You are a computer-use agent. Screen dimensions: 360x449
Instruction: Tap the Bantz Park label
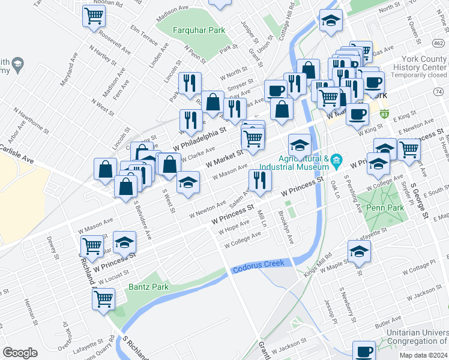click(148, 286)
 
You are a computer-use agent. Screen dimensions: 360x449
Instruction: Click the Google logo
click(20, 353)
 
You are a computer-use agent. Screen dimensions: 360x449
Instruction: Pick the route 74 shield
click(438, 91)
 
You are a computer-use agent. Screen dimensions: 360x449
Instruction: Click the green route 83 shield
click(384, 113)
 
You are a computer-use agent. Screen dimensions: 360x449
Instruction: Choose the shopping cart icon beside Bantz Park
click(104, 298)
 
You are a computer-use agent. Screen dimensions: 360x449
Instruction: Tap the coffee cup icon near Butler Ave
click(363, 350)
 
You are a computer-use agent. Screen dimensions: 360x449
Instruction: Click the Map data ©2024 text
click(423, 355)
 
